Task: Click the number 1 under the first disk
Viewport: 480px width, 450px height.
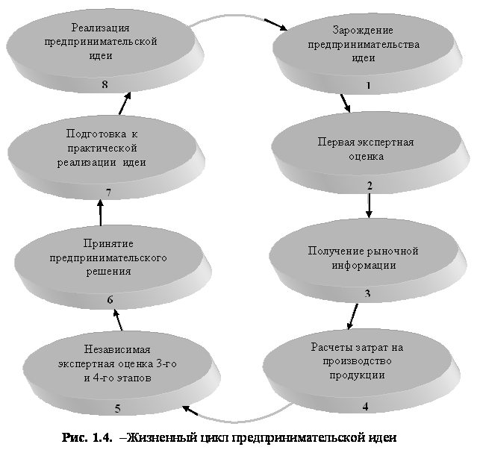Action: point(368,85)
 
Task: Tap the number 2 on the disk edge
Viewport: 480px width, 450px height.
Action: point(369,185)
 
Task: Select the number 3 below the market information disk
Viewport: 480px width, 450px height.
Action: point(367,293)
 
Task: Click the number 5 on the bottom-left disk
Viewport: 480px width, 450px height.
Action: point(118,407)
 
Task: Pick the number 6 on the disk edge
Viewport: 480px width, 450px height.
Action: point(110,300)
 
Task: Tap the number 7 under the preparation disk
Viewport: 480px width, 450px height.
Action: point(108,193)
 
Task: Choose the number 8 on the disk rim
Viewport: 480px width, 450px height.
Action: point(105,84)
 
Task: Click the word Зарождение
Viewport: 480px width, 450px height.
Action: point(363,31)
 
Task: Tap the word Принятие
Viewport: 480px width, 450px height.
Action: point(107,244)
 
